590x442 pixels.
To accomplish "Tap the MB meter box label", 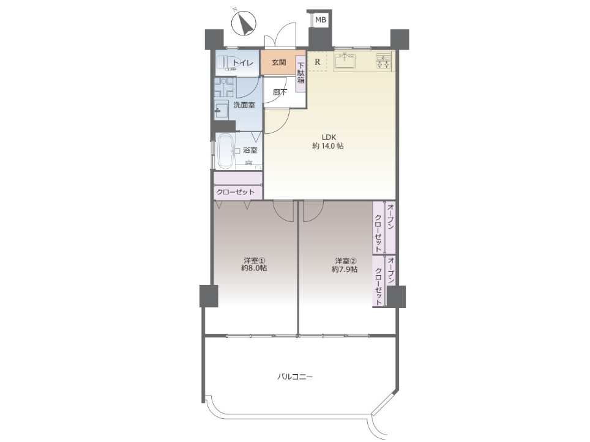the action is (321, 20).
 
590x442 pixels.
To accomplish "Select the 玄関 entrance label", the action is (279, 62).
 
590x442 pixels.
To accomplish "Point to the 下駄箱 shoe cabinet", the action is (301, 74).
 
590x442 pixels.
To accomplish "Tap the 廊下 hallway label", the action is (280, 92).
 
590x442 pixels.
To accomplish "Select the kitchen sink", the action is (345, 61).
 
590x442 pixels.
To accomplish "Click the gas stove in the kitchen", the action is (383, 61).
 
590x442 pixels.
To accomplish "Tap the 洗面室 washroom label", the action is (244, 105).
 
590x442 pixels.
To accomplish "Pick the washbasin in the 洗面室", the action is (221, 110).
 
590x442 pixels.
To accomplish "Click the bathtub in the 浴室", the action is (225, 151).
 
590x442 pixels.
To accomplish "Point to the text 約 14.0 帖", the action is (327, 146).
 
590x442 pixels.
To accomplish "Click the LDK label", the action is (328, 137).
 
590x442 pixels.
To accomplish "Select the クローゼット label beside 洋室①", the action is (236, 192).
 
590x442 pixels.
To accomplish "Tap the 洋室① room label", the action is (255, 260).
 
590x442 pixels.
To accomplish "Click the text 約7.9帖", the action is (345, 269).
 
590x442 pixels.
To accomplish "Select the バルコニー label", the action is (295, 376).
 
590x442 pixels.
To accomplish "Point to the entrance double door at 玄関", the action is (280, 35).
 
